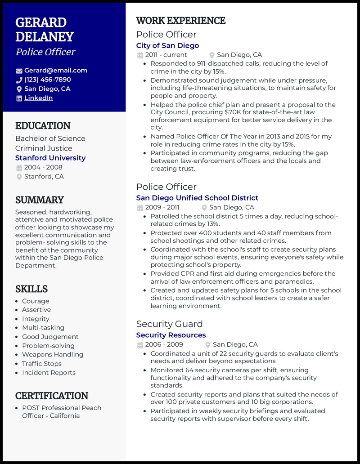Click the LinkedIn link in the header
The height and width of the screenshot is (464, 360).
pyautogui.click(x=38, y=98)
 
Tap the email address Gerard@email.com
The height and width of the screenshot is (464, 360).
pyautogui.click(x=55, y=71)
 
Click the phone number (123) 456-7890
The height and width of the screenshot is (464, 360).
pyautogui.click(x=47, y=80)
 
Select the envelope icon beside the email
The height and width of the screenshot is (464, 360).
pyautogui.click(x=19, y=71)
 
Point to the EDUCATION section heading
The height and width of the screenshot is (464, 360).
pyautogui.click(x=43, y=126)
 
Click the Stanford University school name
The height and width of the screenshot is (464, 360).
pyautogui.click(x=50, y=158)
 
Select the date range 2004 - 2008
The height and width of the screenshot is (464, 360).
pyautogui.click(x=43, y=167)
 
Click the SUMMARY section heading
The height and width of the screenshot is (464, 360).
pyautogui.click(x=40, y=200)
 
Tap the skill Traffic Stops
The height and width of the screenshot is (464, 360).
pyautogui.click(x=42, y=364)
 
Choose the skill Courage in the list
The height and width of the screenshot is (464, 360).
pyautogui.click(x=36, y=301)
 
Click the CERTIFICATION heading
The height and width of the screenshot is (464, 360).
pyautogui.click(x=52, y=396)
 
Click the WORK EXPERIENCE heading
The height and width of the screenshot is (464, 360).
pyautogui.click(x=181, y=21)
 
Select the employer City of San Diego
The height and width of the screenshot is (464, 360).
pyautogui.click(x=167, y=45)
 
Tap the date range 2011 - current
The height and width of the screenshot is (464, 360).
pyautogui.click(x=166, y=55)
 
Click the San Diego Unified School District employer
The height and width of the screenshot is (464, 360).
pyautogui.click(x=197, y=198)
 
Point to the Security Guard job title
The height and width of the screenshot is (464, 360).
pyautogui.click(x=169, y=324)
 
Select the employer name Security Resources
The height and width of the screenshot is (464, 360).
pyautogui.click(x=171, y=335)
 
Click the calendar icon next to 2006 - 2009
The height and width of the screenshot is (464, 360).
pyautogui.click(x=139, y=345)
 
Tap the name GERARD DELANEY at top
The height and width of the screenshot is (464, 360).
pyautogui.click(x=44, y=30)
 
